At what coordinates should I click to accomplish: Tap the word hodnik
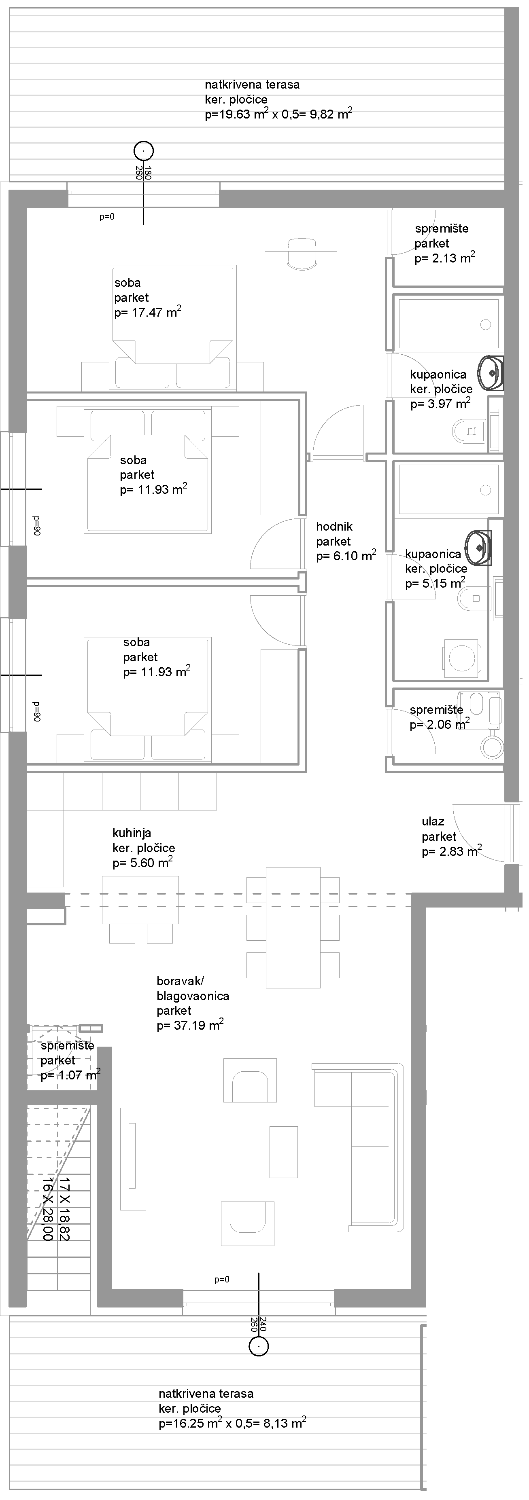(x=334, y=527)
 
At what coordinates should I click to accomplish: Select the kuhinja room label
(x=132, y=833)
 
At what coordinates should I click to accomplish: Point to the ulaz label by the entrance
(x=433, y=822)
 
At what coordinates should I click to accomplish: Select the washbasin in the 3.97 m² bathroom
(x=491, y=372)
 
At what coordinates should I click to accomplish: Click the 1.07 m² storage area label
(x=70, y=1075)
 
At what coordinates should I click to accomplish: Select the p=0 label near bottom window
(x=222, y=1280)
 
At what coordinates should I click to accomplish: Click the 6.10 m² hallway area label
(x=346, y=556)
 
